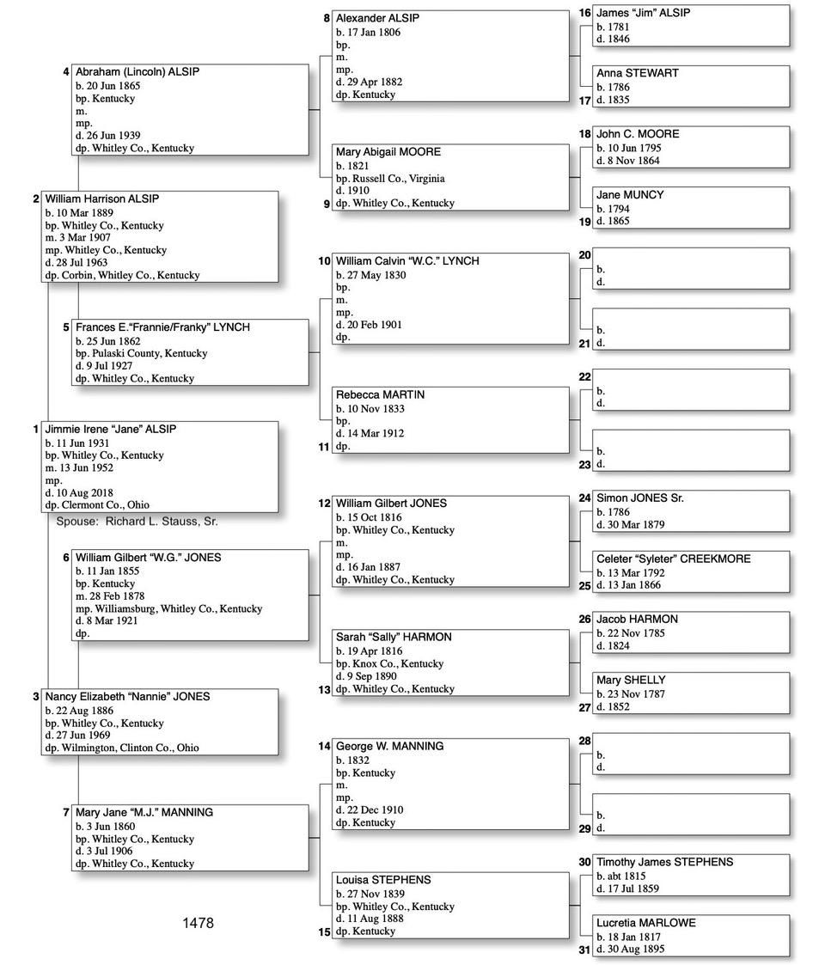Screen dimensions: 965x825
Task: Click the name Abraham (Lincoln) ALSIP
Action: [x=137, y=72]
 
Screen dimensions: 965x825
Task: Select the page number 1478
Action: [x=198, y=923]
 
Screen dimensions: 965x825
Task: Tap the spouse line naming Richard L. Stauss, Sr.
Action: [x=144, y=521]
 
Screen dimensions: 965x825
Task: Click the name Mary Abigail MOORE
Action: [x=388, y=152]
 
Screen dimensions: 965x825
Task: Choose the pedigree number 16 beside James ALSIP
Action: [x=584, y=13]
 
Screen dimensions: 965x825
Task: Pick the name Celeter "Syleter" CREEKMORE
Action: [x=673, y=559]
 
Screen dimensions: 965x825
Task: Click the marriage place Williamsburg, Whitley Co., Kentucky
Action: [x=168, y=608]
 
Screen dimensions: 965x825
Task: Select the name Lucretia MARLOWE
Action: [x=645, y=923]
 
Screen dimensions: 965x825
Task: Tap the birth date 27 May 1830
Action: [x=370, y=275]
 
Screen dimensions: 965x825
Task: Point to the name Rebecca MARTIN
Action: [x=380, y=394]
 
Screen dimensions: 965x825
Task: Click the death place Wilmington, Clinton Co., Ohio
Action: [x=122, y=748]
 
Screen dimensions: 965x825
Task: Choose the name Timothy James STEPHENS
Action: [x=664, y=862]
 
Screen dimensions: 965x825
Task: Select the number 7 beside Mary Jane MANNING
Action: [x=66, y=812]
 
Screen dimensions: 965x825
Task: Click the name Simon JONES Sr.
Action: [x=639, y=498]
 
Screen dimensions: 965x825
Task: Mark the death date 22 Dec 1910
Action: [x=370, y=809]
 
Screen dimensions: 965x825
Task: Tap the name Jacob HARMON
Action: [x=637, y=619]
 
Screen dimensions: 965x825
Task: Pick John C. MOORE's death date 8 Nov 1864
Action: [x=629, y=160]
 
